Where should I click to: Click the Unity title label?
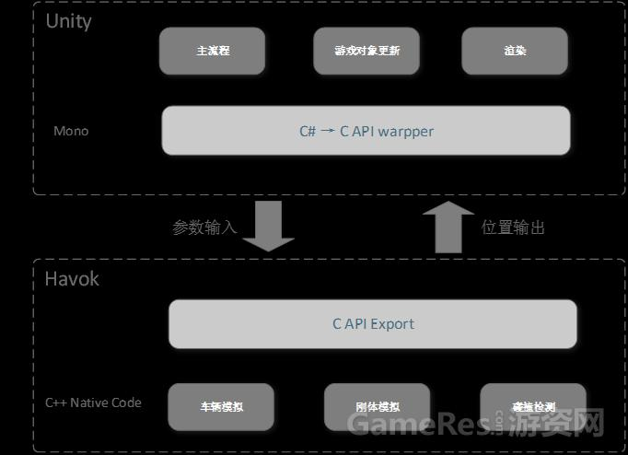[x=69, y=21]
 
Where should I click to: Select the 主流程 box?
[x=213, y=51]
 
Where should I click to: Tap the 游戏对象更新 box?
[x=367, y=51]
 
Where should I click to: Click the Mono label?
[x=71, y=131]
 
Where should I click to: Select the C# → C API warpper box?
[x=366, y=131]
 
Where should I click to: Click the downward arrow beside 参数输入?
[x=268, y=226]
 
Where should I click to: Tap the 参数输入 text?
[x=204, y=227]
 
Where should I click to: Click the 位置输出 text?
[x=513, y=227]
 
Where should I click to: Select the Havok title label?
[x=72, y=278]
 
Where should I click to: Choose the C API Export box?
[x=373, y=324]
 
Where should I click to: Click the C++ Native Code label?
[x=93, y=402]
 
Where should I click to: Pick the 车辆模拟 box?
[x=221, y=407]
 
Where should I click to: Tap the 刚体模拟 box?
[x=378, y=407]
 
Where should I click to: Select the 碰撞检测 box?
[x=533, y=407]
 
